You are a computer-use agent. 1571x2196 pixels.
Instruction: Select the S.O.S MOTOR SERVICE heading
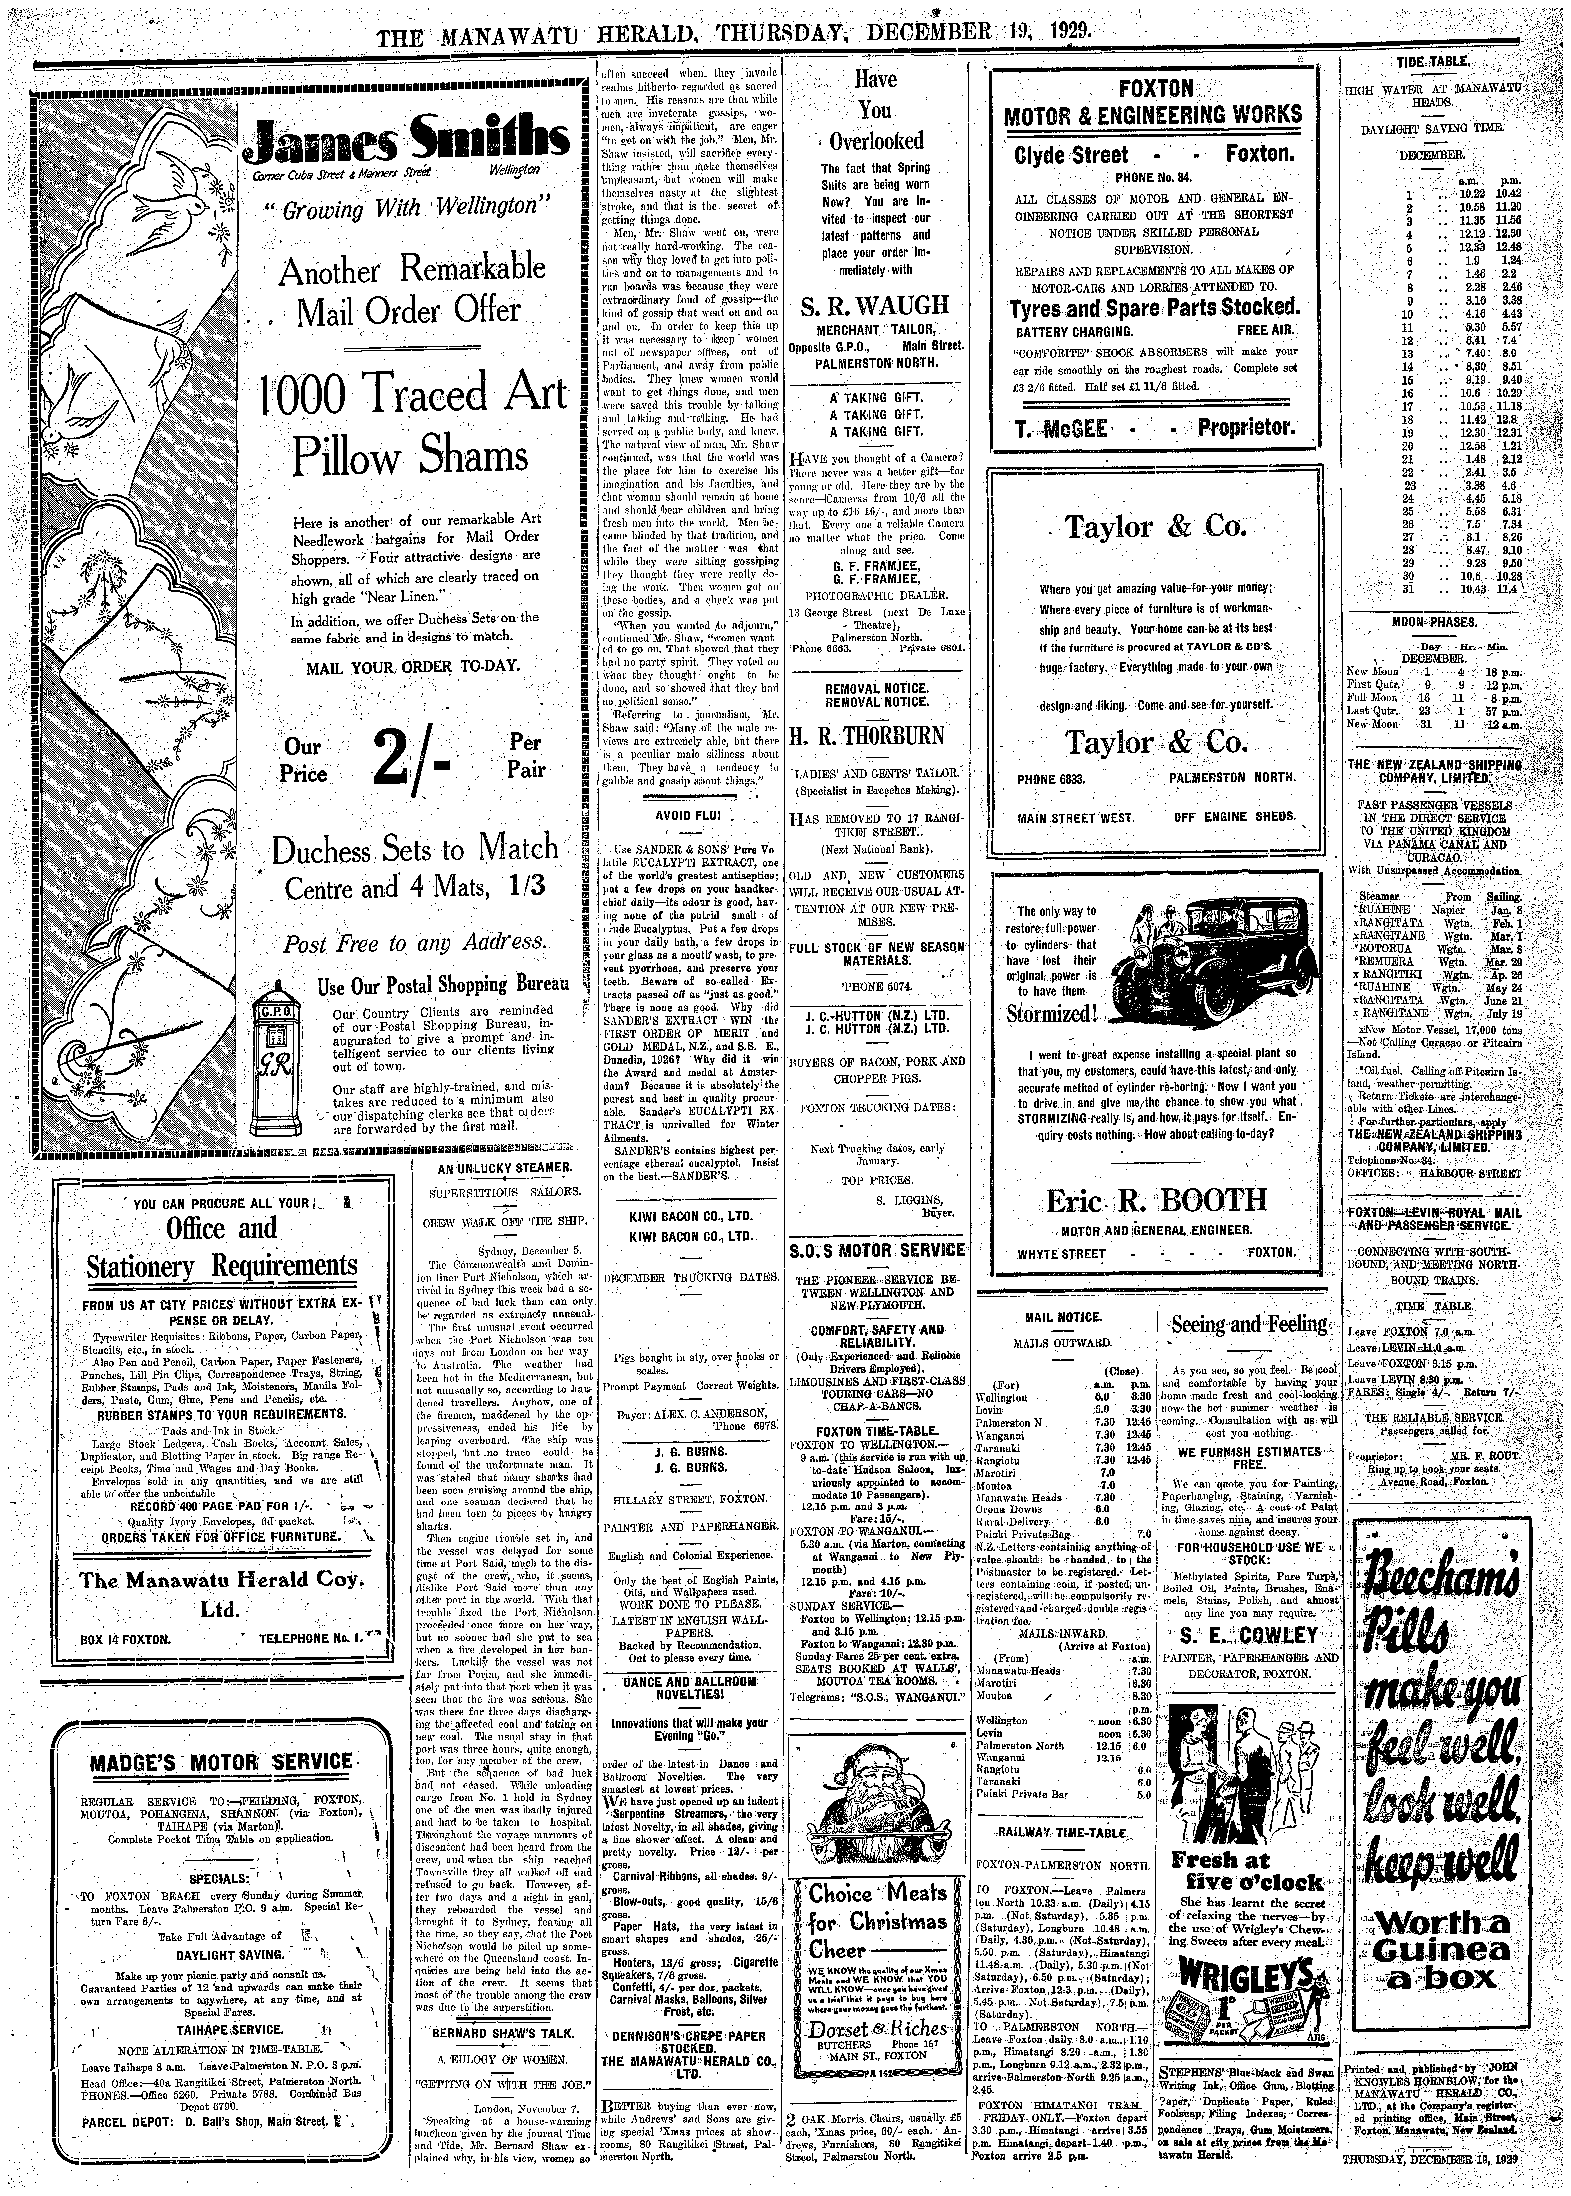pos(875,1250)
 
